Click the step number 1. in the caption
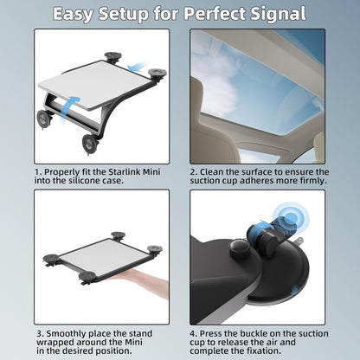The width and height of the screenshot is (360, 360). click(39, 171)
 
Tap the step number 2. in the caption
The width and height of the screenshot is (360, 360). click(194, 171)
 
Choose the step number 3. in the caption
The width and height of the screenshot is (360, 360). click(39, 332)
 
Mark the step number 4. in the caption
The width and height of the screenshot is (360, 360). click(194, 332)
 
